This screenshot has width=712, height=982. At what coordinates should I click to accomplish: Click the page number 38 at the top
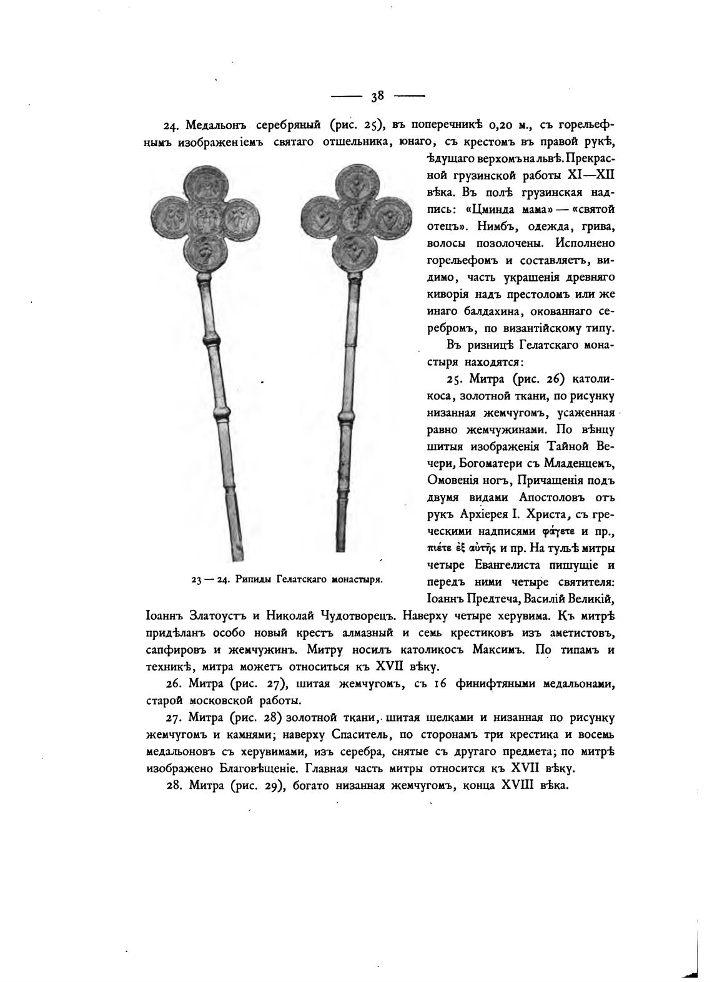tap(377, 96)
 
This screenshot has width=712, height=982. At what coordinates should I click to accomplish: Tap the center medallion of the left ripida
tap(204, 219)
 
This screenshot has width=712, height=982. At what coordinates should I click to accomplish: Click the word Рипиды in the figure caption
tap(255, 579)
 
